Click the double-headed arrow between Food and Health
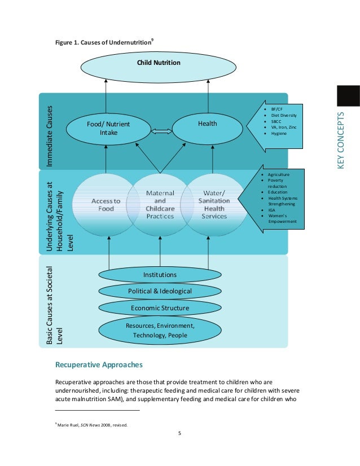tap(160, 131)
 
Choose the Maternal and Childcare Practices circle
tap(160, 205)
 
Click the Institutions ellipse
tap(160, 275)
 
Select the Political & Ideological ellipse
tap(160, 291)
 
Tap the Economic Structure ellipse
tap(160, 308)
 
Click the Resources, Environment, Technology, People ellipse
tap(160, 331)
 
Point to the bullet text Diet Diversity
tap(283, 115)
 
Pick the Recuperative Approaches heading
tap(103, 364)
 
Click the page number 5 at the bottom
tap(179, 433)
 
